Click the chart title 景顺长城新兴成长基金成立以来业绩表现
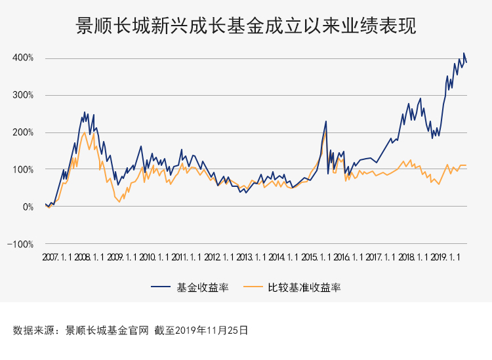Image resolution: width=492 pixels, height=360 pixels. pyautogui.click(x=246, y=26)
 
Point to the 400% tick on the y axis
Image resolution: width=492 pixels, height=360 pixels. pyautogui.click(x=22, y=58)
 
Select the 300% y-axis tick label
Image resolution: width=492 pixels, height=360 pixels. pyautogui.click(x=22, y=95)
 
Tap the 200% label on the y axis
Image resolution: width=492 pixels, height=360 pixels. pyautogui.click(x=22, y=132)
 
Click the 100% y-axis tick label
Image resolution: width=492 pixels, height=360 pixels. pyautogui.click(x=22, y=169)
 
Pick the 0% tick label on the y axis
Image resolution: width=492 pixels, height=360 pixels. pyautogui.click(x=27, y=207)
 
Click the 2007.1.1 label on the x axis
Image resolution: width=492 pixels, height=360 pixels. pyautogui.click(x=58, y=258)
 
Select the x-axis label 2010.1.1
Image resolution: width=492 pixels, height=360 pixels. pyautogui.click(x=155, y=258)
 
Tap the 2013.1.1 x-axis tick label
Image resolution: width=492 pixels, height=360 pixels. pyautogui.click(x=253, y=258)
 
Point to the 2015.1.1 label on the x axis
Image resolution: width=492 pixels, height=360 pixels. pyautogui.click(x=318, y=258)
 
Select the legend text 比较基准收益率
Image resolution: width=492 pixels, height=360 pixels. pyautogui.click(x=304, y=287)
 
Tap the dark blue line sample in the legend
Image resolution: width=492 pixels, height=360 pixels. pyautogui.click(x=161, y=287)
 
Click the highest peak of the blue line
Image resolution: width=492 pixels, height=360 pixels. pyautogui.click(x=464, y=53)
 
